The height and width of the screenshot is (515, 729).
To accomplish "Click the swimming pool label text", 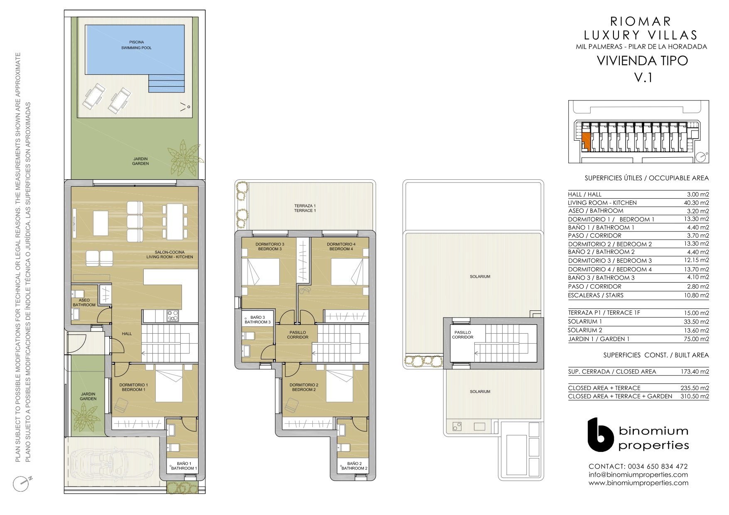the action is (x=136, y=45).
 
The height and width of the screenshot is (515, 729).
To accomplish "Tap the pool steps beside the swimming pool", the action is (x=167, y=83).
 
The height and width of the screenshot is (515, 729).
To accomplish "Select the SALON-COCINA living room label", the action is (x=169, y=254).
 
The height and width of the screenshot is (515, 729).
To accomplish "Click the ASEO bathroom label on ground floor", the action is (x=84, y=303).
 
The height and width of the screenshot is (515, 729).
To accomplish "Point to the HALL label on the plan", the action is (x=127, y=334).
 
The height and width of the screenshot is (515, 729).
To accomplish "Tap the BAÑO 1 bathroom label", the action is (x=184, y=466).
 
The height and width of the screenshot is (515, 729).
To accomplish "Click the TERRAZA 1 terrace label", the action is (x=305, y=208).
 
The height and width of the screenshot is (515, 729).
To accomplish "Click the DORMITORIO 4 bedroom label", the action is (x=341, y=247).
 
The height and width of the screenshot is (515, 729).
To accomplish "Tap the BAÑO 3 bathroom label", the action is (x=258, y=320).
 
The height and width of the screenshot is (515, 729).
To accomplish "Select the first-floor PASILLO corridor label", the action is (x=298, y=335).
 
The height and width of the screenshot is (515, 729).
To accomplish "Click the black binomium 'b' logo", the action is (x=600, y=434).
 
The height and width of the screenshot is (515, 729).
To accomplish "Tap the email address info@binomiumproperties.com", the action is (x=638, y=475).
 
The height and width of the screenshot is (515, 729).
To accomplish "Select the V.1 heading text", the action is (x=643, y=78).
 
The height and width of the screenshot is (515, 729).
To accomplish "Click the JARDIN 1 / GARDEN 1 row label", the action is (x=599, y=339).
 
